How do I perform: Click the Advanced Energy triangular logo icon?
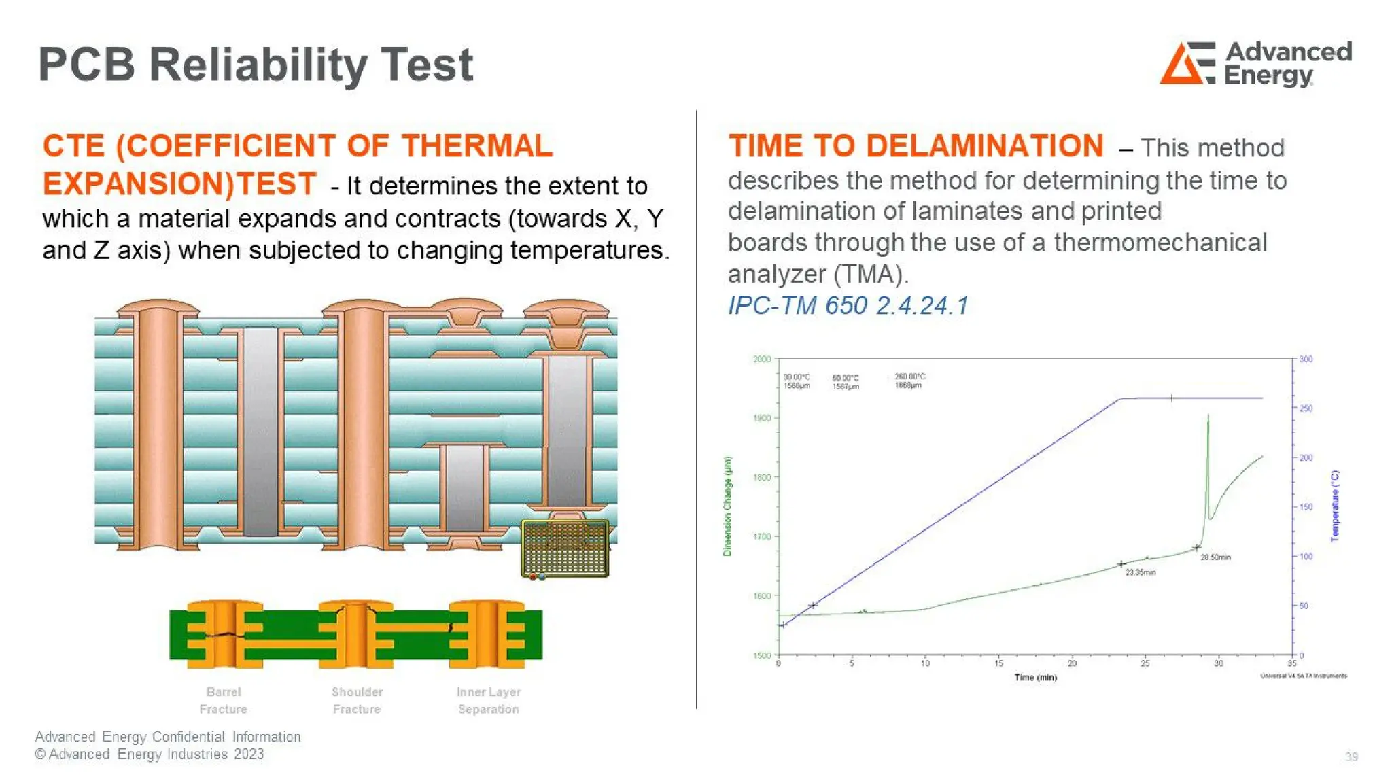pos(1186,63)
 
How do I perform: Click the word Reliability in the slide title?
pos(256,65)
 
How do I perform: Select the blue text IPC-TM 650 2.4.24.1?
pos(848,306)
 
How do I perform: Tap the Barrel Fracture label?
pos(223,700)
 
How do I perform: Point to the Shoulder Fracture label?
pos(357,700)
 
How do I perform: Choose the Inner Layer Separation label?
pos(488,700)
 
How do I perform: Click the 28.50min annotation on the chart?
pos(1215,557)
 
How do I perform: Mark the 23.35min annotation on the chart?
pos(1140,572)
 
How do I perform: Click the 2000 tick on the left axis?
pos(762,359)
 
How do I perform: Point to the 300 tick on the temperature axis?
pos(1306,359)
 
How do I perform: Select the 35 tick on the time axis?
pos(1291,663)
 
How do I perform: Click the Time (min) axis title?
pos(1035,678)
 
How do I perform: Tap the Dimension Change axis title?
pos(727,506)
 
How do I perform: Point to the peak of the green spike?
pos(1208,415)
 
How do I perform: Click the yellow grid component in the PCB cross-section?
pos(565,548)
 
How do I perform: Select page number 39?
pos(1351,757)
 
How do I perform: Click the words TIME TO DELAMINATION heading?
pos(916,146)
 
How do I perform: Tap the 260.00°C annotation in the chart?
pos(909,377)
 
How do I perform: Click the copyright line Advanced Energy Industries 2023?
pos(150,754)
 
